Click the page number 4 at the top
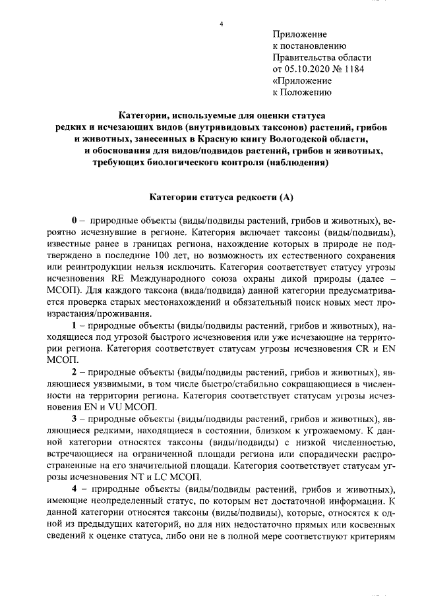coord(222,24)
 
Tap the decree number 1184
coord(353,68)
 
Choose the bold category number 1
coord(75,327)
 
